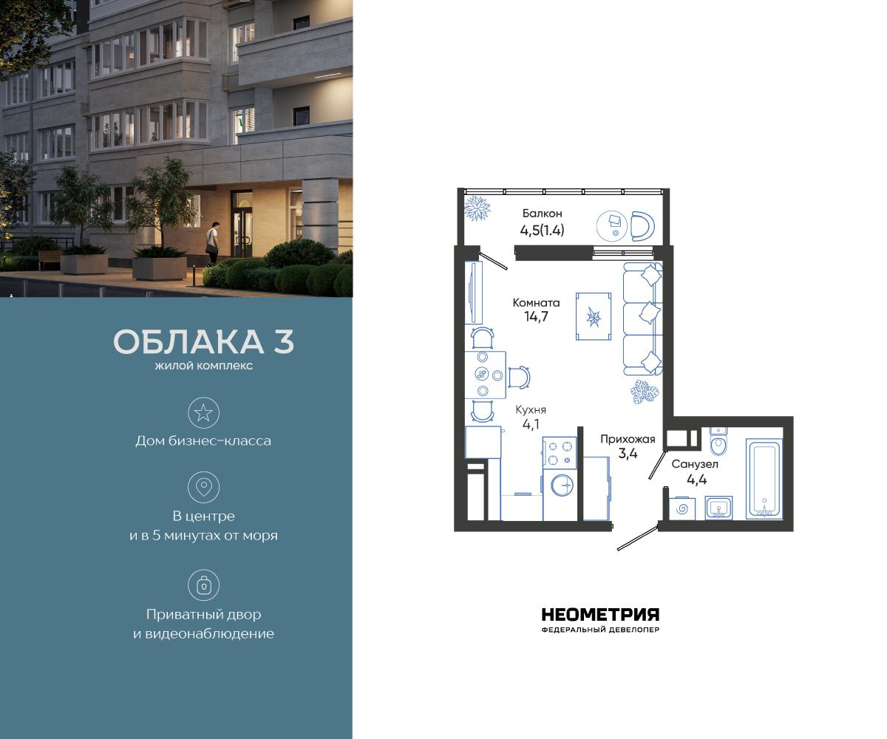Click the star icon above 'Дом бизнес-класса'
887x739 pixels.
(x=203, y=412)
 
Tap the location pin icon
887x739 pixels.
(x=203, y=487)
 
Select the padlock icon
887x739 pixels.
(x=203, y=585)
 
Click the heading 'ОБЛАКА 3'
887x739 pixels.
(x=204, y=342)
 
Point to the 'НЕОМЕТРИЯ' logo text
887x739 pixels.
(x=600, y=615)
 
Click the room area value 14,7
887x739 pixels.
(x=537, y=317)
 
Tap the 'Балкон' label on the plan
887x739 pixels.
(x=542, y=214)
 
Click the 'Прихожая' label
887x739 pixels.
(x=628, y=439)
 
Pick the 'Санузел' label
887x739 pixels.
(x=694, y=464)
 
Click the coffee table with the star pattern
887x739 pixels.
(x=594, y=317)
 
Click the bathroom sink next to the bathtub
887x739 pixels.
(x=718, y=507)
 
